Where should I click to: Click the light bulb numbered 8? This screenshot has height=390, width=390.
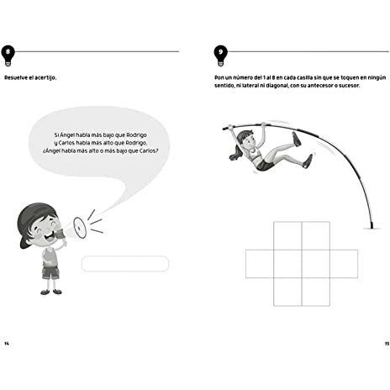[x=8, y=55]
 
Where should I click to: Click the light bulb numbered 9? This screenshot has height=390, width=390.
[x=221, y=55]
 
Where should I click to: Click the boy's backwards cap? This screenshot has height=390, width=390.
[x=34, y=220]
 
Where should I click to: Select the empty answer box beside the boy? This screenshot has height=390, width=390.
[x=125, y=264]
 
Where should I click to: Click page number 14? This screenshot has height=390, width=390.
[x=7, y=344]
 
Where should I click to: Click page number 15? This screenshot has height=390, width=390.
[x=387, y=344]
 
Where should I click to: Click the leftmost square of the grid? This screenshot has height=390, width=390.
[x=260, y=264]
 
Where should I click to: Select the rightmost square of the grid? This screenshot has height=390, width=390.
[x=344, y=264]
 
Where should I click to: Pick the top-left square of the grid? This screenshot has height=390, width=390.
[x=287, y=235]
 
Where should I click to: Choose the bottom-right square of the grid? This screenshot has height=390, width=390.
[x=316, y=292]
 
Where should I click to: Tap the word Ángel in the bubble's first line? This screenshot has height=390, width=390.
[x=67, y=135]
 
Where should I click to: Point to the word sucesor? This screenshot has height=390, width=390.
[x=349, y=86]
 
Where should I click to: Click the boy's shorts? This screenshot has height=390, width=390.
[x=50, y=272]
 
